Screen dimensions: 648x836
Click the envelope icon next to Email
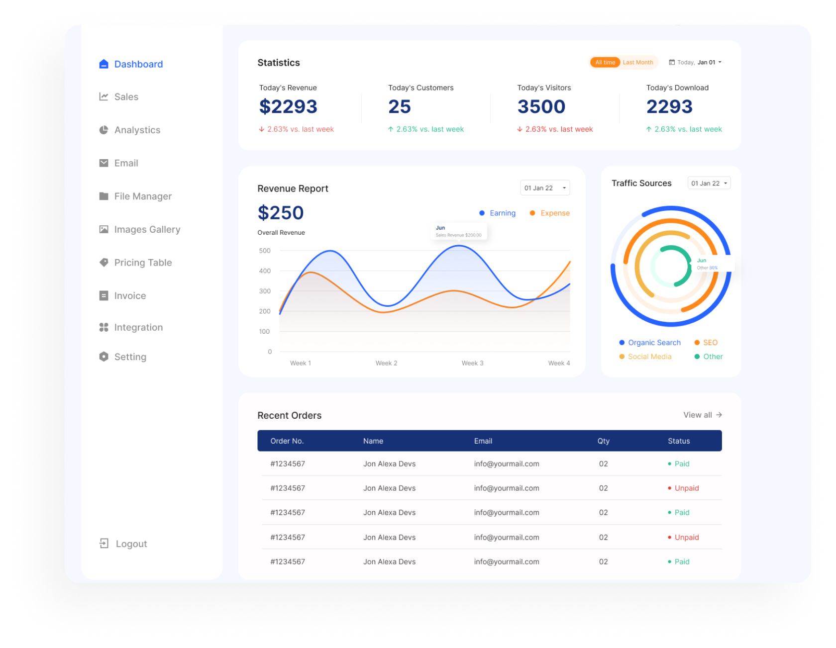(104, 163)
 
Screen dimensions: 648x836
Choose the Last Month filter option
(637, 62)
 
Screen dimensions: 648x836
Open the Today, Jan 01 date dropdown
(695, 62)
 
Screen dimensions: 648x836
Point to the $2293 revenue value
(288, 106)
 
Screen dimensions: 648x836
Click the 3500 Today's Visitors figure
(541, 106)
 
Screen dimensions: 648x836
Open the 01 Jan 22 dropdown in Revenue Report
(545, 188)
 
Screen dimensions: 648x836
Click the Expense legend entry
(550, 213)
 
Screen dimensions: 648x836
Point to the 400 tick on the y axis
(265, 271)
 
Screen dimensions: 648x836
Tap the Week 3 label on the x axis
(472, 363)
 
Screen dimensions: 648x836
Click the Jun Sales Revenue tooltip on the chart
(459, 231)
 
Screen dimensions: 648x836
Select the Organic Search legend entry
(650, 343)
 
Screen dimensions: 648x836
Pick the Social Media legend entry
(645, 357)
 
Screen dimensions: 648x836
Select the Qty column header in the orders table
(603, 441)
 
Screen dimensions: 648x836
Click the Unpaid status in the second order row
(686, 488)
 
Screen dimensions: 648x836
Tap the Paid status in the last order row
(681, 561)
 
